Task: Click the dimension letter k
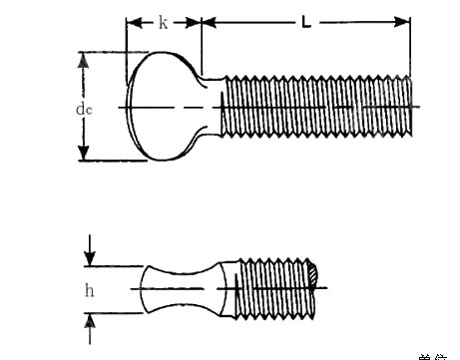point(163,21)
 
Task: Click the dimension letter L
point(305,21)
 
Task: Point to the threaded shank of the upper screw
point(314,107)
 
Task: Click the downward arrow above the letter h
point(91,257)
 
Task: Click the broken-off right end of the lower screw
point(315,271)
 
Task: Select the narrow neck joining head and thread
point(210,106)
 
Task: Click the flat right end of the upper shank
point(409,107)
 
